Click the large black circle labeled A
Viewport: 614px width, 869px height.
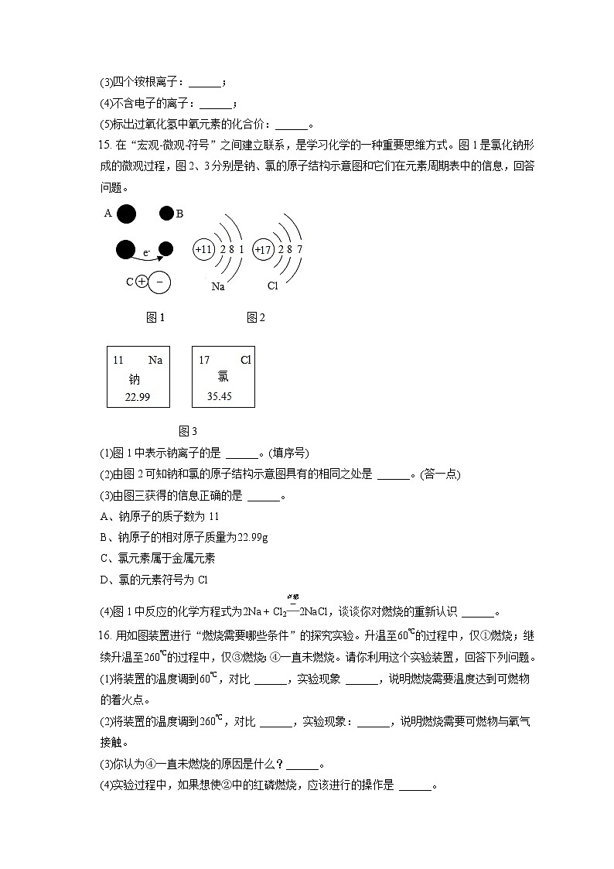pyautogui.click(x=127, y=214)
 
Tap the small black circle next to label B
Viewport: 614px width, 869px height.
pyautogui.click(x=166, y=214)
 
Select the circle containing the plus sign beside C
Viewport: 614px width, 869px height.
pyautogui.click(x=141, y=282)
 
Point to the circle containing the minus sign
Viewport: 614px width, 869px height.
pyautogui.click(x=159, y=282)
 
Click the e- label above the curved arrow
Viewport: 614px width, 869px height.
pyautogui.click(x=146, y=252)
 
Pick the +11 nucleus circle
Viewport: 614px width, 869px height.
pyautogui.click(x=204, y=249)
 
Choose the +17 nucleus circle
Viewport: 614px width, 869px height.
pyautogui.click(x=264, y=249)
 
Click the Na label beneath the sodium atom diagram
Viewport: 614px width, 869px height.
pyautogui.click(x=218, y=286)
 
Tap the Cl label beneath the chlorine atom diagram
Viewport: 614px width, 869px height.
pyautogui.click(x=272, y=286)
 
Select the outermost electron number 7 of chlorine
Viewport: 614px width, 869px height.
pyautogui.click(x=299, y=249)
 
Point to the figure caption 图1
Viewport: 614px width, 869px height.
pyautogui.click(x=155, y=317)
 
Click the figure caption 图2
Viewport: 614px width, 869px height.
pyautogui.click(x=256, y=317)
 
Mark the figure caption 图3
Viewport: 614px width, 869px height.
pyautogui.click(x=188, y=431)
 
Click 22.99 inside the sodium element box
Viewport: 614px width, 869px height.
pyautogui.click(x=136, y=396)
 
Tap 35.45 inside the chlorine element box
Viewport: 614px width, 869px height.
pyautogui.click(x=220, y=396)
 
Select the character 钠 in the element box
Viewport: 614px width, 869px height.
pyautogui.click(x=135, y=379)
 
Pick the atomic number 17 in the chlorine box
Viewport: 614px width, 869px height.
pyautogui.click(x=204, y=360)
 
